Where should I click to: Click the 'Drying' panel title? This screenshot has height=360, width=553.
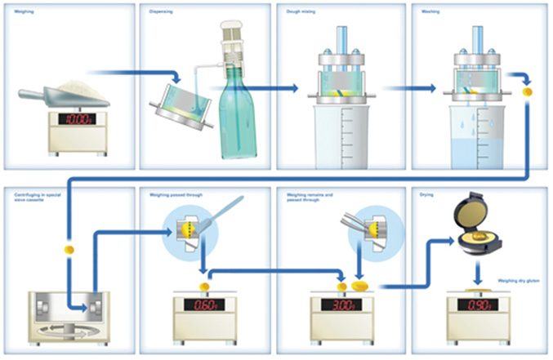[x=429, y=195]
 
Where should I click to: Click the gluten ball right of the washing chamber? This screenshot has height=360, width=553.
[x=527, y=93]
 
